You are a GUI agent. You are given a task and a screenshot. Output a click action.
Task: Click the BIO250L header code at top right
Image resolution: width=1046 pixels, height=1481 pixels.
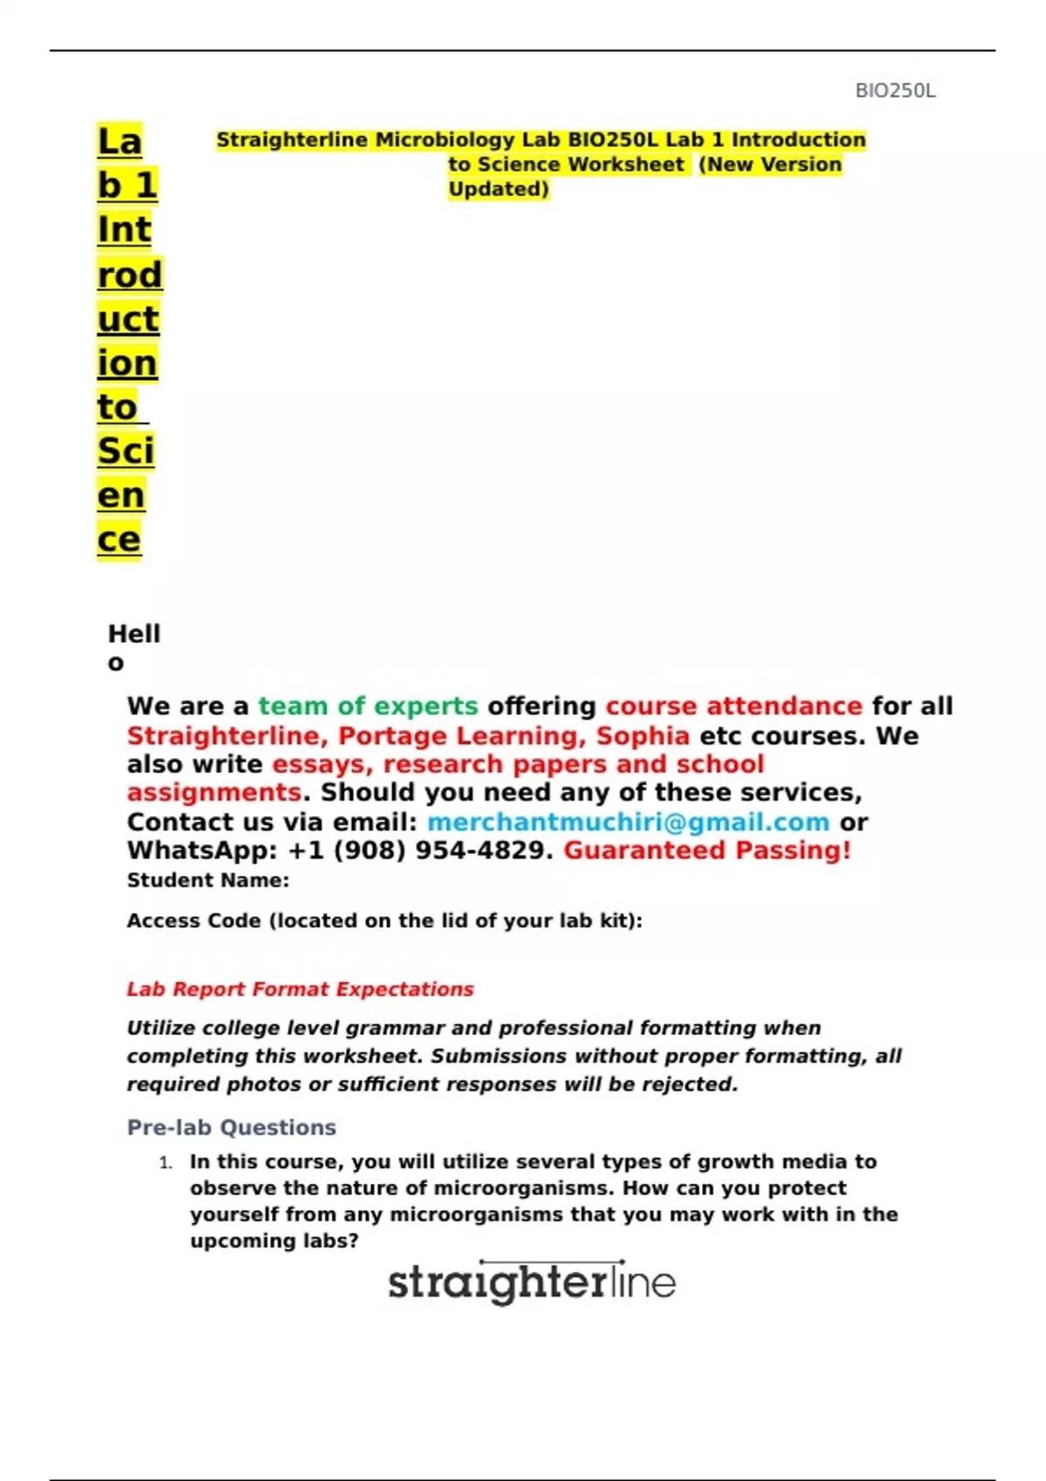coord(895,91)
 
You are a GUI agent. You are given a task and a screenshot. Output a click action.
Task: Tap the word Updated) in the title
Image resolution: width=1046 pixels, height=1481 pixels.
coord(499,189)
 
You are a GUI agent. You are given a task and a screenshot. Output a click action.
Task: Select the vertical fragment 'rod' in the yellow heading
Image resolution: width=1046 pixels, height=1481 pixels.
coord(130,275)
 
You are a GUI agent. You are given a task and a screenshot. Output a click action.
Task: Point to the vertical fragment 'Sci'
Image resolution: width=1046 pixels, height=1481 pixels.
coord(126,451)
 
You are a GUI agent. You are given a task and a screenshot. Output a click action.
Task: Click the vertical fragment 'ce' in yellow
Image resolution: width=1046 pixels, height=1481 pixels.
coord(119,540)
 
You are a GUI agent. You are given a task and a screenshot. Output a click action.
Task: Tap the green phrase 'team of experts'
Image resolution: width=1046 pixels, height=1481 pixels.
coord(368,706)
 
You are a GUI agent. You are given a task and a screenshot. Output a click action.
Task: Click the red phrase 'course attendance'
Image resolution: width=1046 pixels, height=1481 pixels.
coord(734,706)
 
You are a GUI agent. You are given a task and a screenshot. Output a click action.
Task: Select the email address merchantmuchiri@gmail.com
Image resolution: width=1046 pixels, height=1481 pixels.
coord(628,822)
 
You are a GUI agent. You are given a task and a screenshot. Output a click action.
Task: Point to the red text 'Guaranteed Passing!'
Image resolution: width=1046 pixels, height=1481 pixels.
coord(707,850)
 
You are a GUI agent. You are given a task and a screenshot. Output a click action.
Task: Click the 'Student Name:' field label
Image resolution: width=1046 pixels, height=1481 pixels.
coord(207,881)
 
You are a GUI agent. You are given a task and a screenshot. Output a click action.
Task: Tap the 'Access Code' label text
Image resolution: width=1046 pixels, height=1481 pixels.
coord(194,921)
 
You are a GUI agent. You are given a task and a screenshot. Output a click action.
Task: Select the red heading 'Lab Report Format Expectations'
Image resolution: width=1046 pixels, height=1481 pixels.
coord(300,990)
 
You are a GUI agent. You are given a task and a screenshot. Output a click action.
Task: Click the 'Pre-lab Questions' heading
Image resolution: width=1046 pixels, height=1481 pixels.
coord(231,1127)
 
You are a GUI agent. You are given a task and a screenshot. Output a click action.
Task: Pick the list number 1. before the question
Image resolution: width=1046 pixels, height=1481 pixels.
coord(166,1163)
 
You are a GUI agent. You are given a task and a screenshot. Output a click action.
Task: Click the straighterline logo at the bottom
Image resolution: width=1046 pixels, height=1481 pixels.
coord(532,1282)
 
